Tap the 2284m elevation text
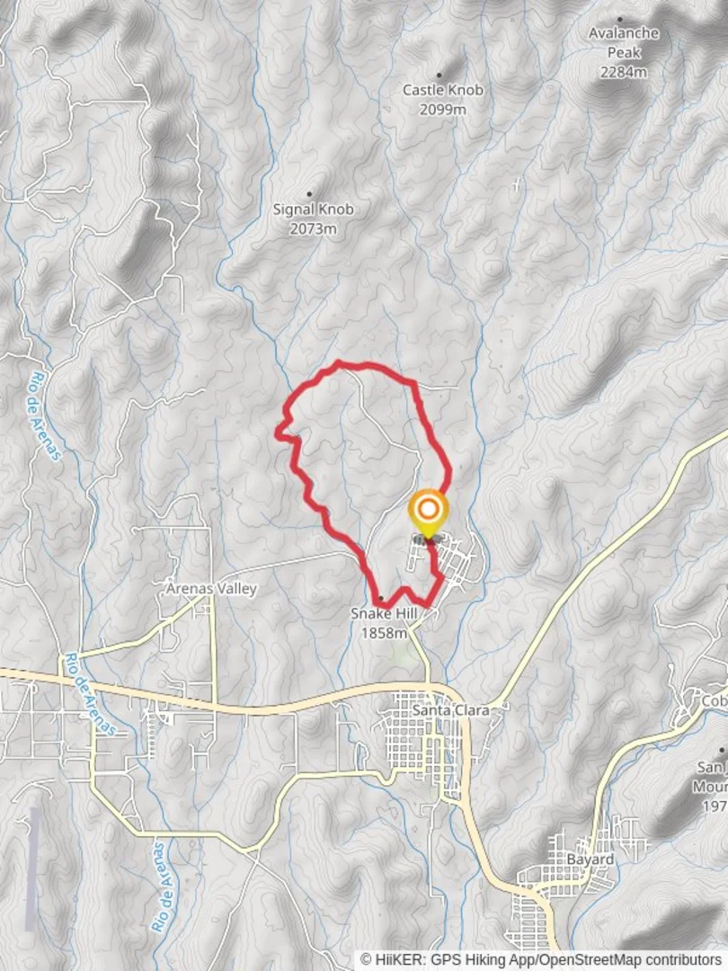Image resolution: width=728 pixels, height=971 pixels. (x=624, y=72)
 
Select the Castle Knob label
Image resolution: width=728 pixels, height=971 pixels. (x=442, y=90)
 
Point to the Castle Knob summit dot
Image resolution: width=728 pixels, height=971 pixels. (x=439, y=76)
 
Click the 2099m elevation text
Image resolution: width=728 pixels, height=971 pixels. (x=442, y=110)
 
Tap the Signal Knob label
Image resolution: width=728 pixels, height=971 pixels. (x=313, y=209)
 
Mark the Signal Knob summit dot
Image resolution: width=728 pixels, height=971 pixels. (x=310, y=193)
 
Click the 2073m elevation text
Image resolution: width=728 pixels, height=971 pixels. (x=313, y=229)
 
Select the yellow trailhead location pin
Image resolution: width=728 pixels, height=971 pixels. (x=428, y=512)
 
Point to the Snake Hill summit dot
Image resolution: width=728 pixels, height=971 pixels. (x=381, y=598)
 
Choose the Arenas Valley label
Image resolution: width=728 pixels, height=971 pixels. (x=211, y=589)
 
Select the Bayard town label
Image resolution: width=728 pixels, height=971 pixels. (x=590, y=860)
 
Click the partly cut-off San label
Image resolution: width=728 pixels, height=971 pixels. (x=711, y=767)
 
